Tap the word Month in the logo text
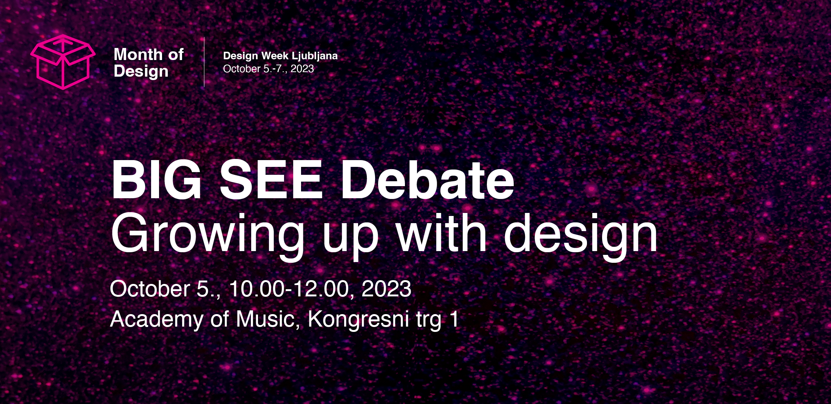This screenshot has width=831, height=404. click(x=138, y=54)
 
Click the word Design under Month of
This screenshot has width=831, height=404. click(x=141, y=72)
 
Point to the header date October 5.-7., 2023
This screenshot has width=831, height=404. click(x=269, y=69)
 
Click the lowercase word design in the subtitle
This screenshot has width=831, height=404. click(x=581, y=236)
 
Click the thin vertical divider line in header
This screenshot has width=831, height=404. click(x=204, y=62)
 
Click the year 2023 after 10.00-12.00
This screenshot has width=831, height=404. click(x=386, y=289)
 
